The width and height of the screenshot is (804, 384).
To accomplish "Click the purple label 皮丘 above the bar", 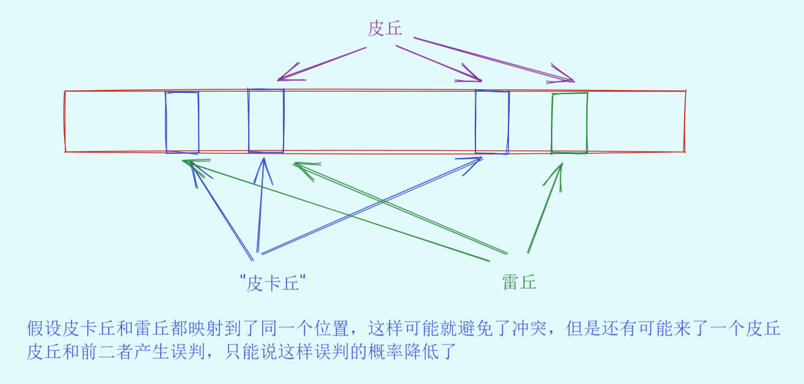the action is (x=384, y=28).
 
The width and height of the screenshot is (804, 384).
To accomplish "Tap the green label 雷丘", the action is (x=519, y=282).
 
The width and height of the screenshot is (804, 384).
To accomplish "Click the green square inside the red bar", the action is (x=569, y=123).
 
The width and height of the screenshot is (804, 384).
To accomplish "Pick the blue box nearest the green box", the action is (x=492, y=122).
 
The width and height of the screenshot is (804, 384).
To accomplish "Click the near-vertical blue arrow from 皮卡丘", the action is (x=261, y=204).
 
